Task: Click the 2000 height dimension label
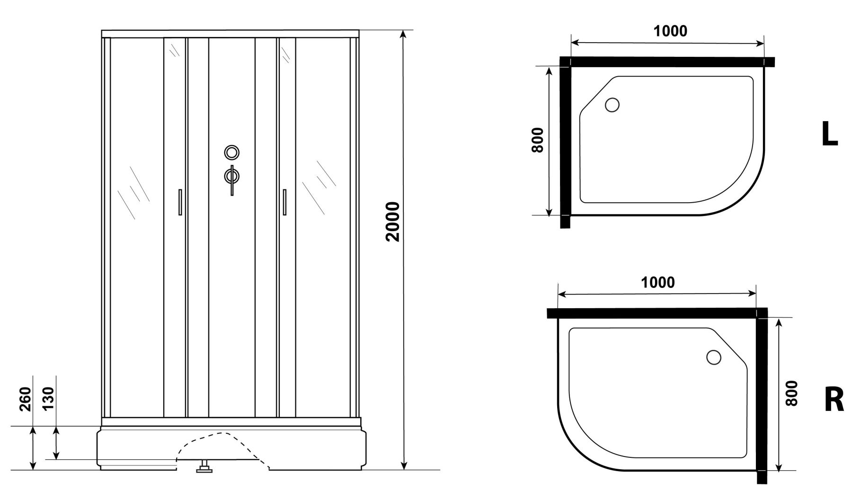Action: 393,221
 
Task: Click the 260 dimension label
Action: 26,399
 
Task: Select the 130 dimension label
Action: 49,399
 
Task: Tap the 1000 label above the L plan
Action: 670,31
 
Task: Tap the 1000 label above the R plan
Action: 657,283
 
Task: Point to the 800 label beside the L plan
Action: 537,140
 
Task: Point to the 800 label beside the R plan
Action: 791,393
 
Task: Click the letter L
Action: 829,134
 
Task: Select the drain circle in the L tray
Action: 612,105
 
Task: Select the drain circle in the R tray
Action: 713,357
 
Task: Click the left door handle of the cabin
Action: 180,202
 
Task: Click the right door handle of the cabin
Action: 284,202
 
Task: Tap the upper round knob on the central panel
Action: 232,152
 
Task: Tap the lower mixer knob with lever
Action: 232,176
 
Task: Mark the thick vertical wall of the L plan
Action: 565,142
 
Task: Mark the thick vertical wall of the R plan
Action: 762,398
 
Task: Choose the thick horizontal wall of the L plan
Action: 667,62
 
